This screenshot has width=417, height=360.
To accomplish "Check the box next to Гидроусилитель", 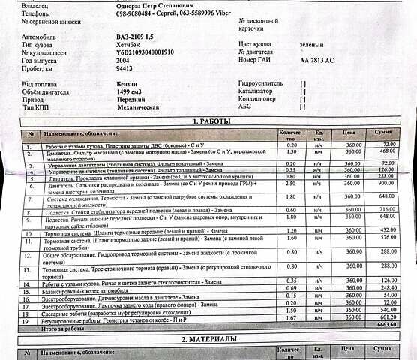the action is point(303,84).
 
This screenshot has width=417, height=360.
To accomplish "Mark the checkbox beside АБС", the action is point(303,107).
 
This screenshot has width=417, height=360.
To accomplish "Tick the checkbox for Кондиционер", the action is point(303,99).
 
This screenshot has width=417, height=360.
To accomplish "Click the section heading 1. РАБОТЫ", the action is point(217,121).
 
